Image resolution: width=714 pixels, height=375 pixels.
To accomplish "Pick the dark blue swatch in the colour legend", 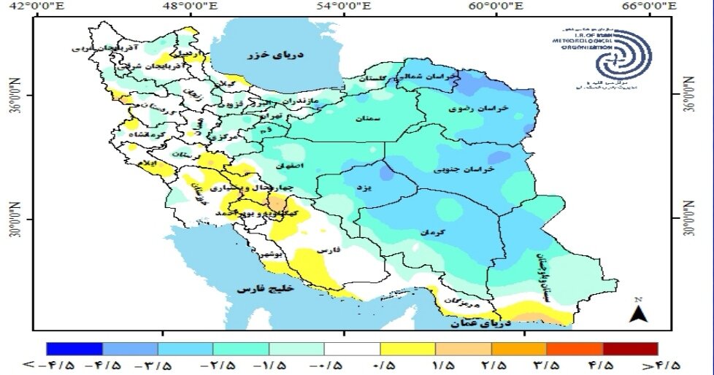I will (74, 349).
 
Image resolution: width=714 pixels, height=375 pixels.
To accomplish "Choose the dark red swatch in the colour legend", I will (629, 349).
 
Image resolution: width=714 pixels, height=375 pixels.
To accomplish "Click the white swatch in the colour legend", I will (352, 349).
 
